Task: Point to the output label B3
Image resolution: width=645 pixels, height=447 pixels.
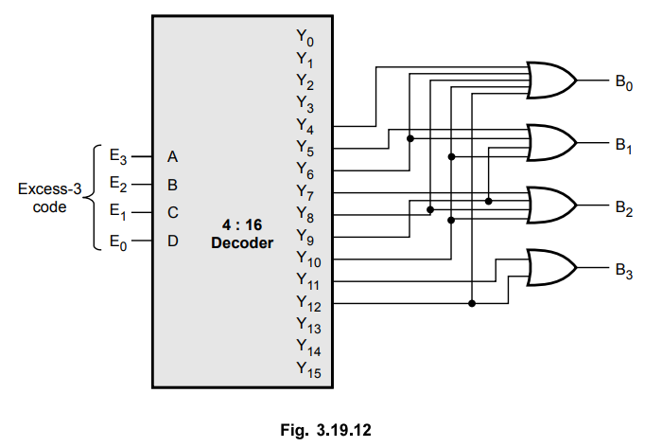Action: pos(622,271)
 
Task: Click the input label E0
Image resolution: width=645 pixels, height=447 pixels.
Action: pos(116,241)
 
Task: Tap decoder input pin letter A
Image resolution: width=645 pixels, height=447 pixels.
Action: pos(172,155)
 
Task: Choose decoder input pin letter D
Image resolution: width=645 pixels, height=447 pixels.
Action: pos(172,241)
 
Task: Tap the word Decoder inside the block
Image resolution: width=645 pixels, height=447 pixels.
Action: pos(241,242)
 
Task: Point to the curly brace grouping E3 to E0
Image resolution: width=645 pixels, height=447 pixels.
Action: pos(92,198)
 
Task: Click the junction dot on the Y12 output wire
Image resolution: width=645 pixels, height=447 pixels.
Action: pos(471,303)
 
